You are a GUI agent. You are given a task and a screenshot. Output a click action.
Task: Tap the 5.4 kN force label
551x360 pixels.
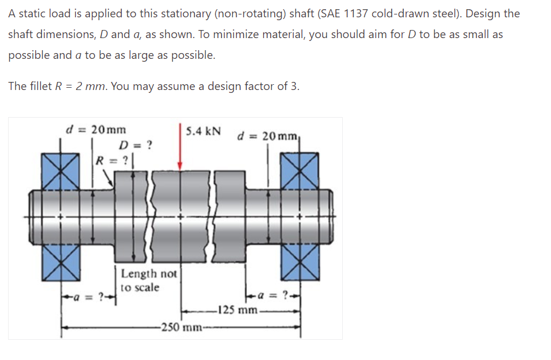(x=204, y=130)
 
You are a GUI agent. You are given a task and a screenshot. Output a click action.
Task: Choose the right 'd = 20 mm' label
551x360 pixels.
(x=269, y=136)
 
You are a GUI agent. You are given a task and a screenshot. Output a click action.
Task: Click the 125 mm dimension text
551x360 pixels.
(x=234, y=310)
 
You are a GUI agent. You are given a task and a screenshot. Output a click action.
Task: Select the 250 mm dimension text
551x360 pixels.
(x=180, y=328)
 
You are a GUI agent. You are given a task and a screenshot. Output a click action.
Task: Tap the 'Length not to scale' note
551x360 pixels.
(x=149, y=280)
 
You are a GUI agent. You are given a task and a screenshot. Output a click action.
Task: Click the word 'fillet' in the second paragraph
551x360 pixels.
(x=39, y=87)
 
